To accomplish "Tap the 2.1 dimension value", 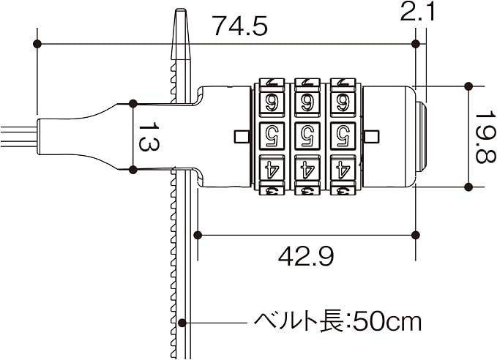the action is (x=416, y=12).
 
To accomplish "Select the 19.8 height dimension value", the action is (x=485, y=136).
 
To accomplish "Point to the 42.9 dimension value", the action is (x=306, y=256).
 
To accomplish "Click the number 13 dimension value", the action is (x=149, y=136).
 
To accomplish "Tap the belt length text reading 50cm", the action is (x=386, y=322).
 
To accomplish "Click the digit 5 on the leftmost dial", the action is (x=272, y=136).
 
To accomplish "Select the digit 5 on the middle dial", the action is (x=307, y=136).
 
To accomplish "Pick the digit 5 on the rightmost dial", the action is (x=343, y=136).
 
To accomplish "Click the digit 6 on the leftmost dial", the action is (x=272, y=103).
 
